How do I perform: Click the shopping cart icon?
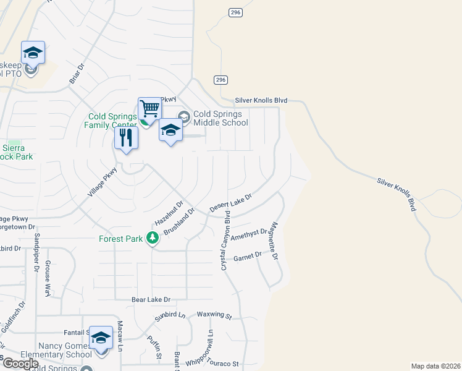click(149, 109)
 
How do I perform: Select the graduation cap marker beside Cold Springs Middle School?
click(171, 131)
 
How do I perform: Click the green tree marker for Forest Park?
click(152, 238)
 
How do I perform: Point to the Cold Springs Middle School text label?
click(220, 118)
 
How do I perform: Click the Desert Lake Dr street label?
click(231, 203)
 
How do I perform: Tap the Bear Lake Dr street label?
click(151, 300)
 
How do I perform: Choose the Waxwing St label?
click(214, 315)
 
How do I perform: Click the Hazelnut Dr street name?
click(169, 213)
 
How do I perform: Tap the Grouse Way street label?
click(48, 279)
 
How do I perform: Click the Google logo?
click(20, 364)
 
